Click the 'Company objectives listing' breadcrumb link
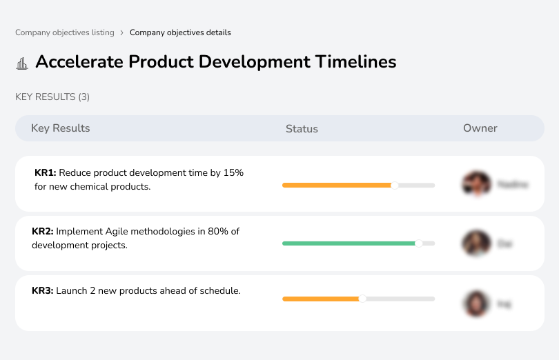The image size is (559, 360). tap(65, 32)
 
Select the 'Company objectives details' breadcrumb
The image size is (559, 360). tap(180, 32)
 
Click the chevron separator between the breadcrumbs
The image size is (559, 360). tap(122, 32)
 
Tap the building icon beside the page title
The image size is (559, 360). tap(22, 63)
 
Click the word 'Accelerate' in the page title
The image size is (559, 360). tap(79, 61)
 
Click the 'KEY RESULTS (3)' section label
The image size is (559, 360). tap(52, 97)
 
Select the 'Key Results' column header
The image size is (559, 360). tap(61, 128)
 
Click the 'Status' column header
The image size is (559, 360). tap(302, 129)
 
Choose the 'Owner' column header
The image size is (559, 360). tap(480, 128)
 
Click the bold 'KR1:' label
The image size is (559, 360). tap(45, 173)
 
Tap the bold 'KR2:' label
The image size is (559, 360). tap(43, 232)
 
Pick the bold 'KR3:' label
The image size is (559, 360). tap(43, 291)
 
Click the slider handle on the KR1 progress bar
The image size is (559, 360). tap(395, 185)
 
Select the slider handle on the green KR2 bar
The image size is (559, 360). tap(418, 243)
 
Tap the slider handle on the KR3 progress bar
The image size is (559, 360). tap(362, 299)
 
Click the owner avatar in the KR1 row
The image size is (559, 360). tap(476, 184)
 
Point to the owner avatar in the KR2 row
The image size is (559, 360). tap(476, 243)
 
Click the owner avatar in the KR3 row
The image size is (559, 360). tap(476, 303)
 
